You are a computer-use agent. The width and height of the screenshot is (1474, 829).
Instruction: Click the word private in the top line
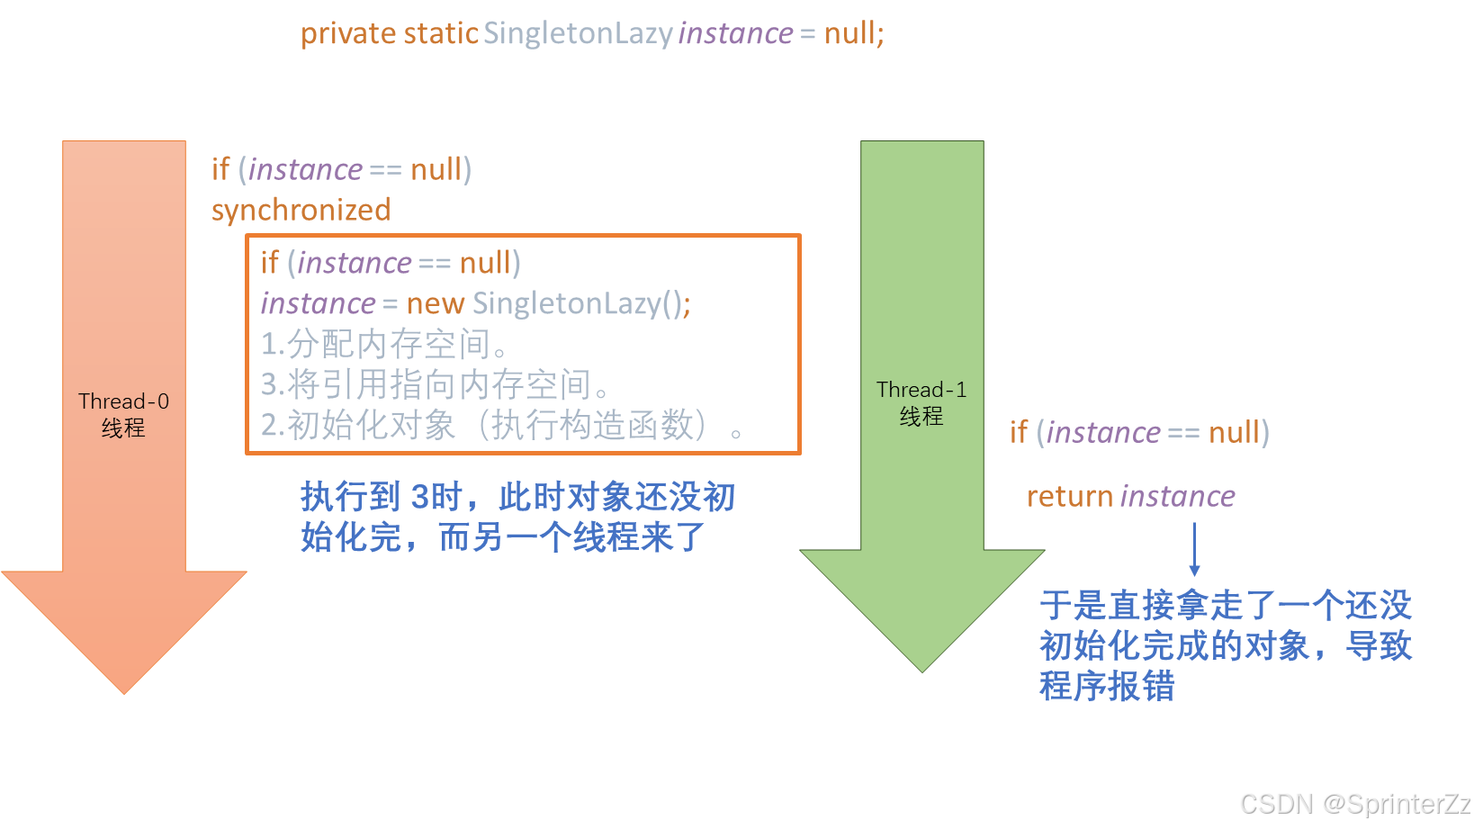tap(348, 34)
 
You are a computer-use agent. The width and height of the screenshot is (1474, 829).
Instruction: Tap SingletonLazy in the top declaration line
tap(578, 34)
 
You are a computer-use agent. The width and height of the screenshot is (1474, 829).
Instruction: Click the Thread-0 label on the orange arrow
tap(123, 401)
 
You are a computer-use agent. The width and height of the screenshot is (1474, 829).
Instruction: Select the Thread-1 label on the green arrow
tap(921, 390)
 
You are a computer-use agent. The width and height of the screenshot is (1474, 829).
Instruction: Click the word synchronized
tap(301, 211)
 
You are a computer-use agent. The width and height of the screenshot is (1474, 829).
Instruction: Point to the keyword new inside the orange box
tap(436, 304)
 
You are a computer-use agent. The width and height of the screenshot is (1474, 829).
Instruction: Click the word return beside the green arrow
tap(1070, 497)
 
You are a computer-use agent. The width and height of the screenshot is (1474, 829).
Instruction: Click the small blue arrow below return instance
tap(1194, 549)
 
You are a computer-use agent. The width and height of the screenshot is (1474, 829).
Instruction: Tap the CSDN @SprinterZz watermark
tap(1353, 803)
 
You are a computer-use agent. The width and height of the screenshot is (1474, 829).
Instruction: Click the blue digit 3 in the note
tap(420, 497)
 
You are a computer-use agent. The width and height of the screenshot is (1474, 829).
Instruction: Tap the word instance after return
tap(1177, 497)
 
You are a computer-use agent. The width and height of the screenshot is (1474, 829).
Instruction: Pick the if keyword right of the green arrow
tap(1018, 433)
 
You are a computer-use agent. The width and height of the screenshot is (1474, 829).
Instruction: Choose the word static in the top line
tap(441, 34)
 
